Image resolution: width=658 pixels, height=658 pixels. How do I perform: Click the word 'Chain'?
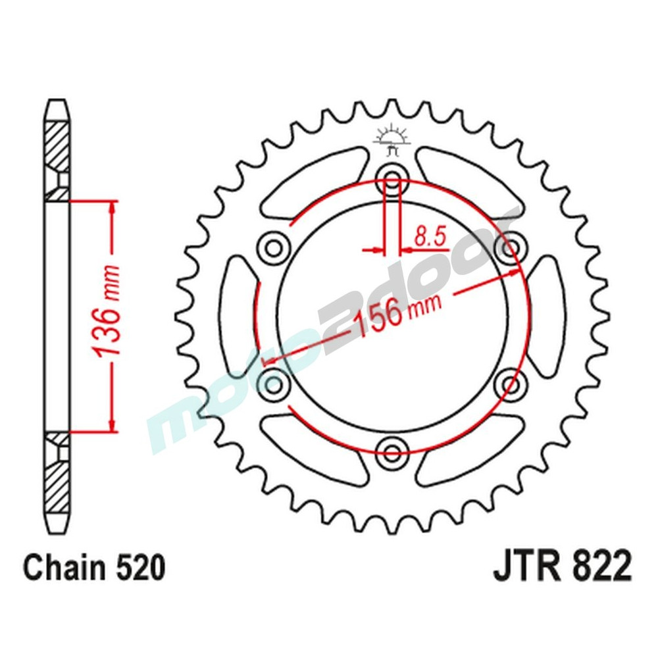[x=62, y=567]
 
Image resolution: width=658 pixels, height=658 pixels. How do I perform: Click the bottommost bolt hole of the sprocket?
[x=393, y=451]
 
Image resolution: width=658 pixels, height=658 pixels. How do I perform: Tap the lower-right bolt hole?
[x=511, y=382]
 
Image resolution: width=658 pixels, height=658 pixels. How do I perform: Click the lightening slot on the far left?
[x=238, y=315]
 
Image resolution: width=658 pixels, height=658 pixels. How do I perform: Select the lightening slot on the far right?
[x=548, y=315]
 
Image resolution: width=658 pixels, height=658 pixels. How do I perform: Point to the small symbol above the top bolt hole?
[x=393, y=139]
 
